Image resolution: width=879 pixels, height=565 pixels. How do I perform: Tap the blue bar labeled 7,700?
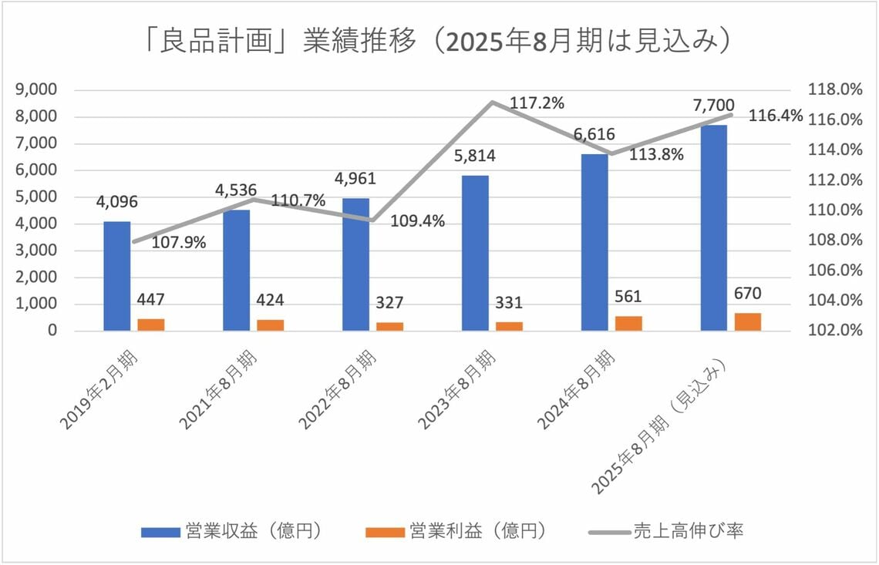713,227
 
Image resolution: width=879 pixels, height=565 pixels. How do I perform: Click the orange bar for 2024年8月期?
629,323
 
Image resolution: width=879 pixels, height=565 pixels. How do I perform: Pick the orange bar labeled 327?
389,326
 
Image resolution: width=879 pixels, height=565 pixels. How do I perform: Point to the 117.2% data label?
537,103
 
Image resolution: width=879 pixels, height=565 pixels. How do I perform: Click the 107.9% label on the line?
178,242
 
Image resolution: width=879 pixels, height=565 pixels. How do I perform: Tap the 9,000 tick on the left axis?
37,89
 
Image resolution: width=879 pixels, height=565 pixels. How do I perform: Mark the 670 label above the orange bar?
748,294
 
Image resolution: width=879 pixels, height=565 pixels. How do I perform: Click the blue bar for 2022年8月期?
355,264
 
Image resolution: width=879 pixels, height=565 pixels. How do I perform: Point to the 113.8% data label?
656,154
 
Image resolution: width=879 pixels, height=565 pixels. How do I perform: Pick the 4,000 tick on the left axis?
37,224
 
